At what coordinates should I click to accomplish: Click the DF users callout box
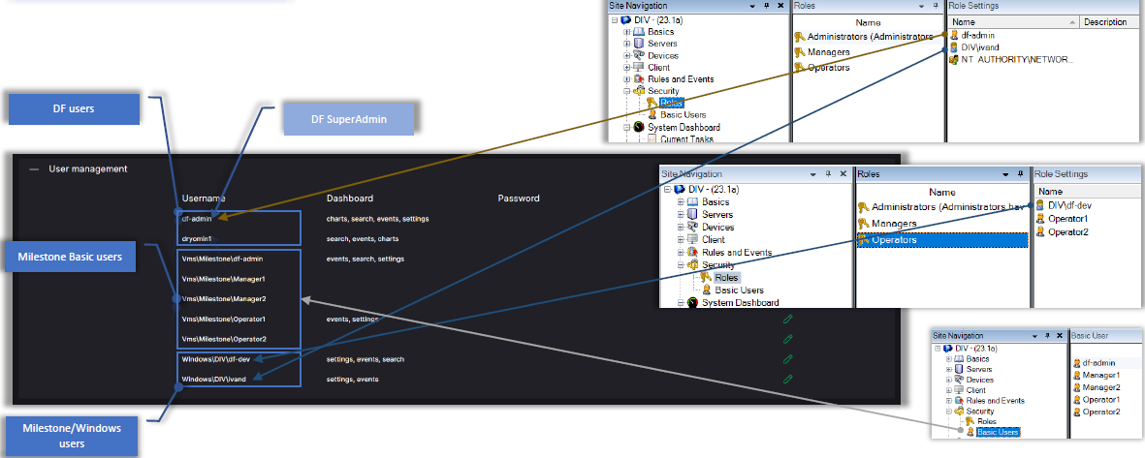(73, 109)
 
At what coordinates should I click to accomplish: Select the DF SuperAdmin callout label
(348, 118)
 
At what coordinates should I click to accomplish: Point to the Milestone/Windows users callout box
(69, 436)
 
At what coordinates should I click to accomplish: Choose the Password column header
(519, 198)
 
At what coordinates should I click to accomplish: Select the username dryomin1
(197, 238)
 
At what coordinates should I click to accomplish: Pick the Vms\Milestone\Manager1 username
(224, 279)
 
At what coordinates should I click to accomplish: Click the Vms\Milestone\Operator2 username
(224, 339)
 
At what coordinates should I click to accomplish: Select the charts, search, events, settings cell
(377, 219)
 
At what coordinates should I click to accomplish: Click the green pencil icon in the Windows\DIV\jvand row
(788, 379)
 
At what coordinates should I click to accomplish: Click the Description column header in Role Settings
(1104, 21)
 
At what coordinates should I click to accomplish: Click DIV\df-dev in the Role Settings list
(1070, 205)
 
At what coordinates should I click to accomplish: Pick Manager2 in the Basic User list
(1101, 387)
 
